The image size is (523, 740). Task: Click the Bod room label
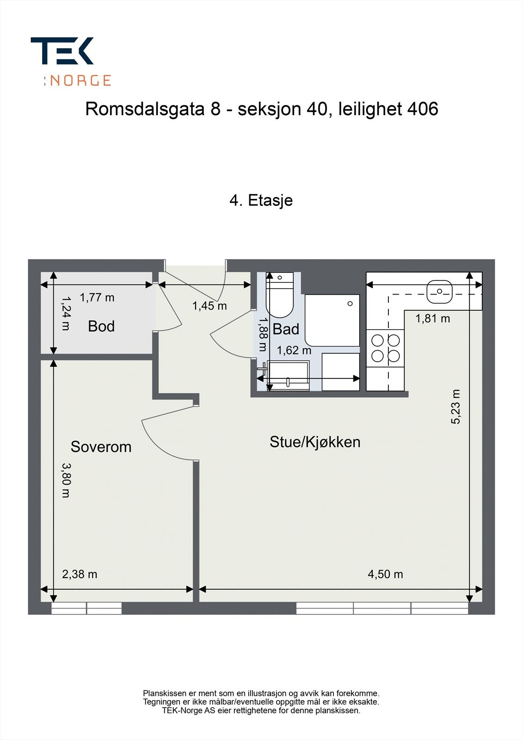(x=101, y=326)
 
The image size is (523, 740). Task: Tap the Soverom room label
(x=101, y=447)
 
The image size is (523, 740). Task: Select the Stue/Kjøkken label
(x=315, y=442)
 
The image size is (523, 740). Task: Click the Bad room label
(x=286, y=329)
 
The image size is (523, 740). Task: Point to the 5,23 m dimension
(x=456, y=407)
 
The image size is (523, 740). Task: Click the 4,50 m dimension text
(x=385, y=574)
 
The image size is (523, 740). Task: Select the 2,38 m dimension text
(x=80, y=574)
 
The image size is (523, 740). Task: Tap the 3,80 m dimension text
(x=66, y=480)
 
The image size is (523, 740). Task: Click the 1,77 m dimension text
(x=97, y=297)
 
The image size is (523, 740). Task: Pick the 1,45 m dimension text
(x=209, y=306)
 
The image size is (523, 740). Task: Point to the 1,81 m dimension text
(x=432, y=318)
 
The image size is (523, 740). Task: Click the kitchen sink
(x=439, y=291)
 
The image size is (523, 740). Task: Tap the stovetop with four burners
(x=386, y=348)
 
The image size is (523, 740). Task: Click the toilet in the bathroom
(x=280, y=298)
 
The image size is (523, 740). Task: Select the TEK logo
(x=62, y=51)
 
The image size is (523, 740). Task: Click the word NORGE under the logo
(x=80, y=80)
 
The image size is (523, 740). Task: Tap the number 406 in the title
(x=422, y=109)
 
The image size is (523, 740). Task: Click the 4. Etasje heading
(x=261, y=200)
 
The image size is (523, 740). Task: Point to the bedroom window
(x=86, y=608)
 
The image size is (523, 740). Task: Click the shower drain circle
(x=350, y=303)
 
